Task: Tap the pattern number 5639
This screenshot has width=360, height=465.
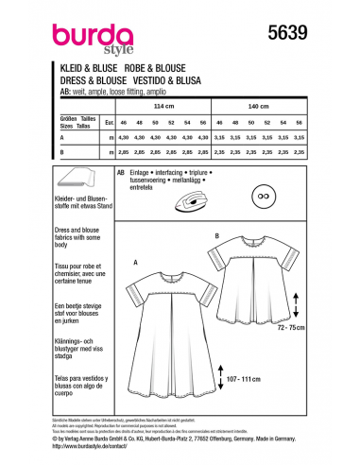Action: [283, 32]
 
